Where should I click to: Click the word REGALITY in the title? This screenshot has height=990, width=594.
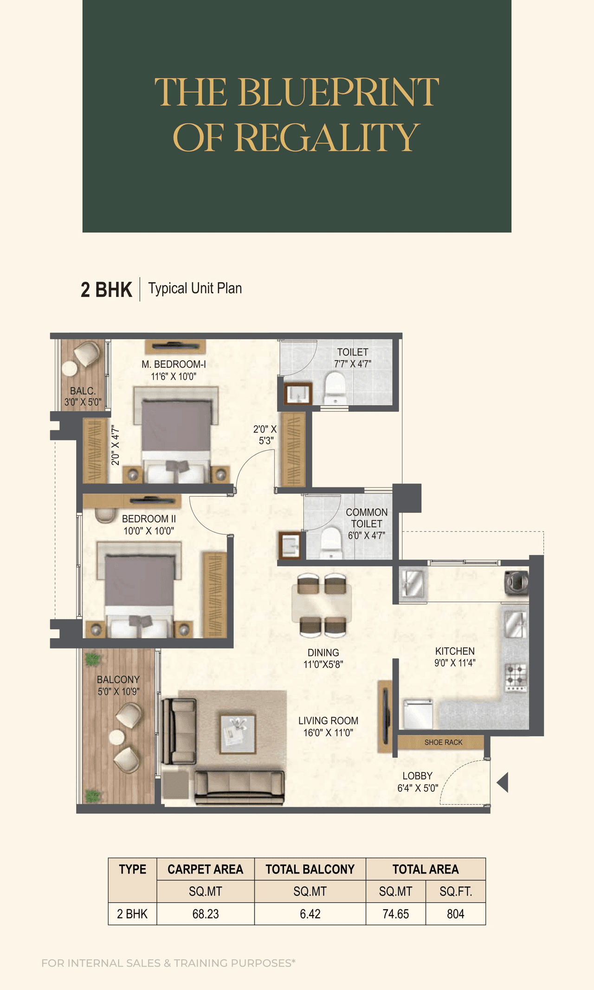pyautogui.click(x=327, y=137)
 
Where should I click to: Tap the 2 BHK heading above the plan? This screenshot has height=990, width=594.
pyautogui.click(x=106, y=289)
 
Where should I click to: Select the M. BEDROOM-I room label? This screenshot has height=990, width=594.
pyautogui.click(x=174, y=370)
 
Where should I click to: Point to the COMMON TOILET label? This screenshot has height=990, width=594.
pyautogui.click(x=367, y=524)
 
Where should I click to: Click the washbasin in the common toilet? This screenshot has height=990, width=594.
pyautogui.click(x=290, y=545)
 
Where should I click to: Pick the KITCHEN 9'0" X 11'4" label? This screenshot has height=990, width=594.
pyautogui.click(x=455, y=656)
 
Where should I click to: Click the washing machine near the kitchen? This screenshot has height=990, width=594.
pyautogui.click(x=517, y=582)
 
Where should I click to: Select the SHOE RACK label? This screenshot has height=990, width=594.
pyautogui.click(x=443, y=742)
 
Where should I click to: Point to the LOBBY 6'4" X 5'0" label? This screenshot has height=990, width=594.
pyautogui.click(x=418, y=782)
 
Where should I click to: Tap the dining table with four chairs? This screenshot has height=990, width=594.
pyautogui.click(x=322, y=603)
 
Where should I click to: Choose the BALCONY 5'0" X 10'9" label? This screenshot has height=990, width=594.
pyautogui.click(x=118, y=685)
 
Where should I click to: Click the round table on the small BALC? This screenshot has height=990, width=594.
pyautogui.click(x=70, y=369)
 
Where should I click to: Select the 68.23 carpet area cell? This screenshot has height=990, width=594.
pyautogui.click(x=206, y=914)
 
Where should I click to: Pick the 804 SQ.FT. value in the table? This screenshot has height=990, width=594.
pyautogui.click(x=455, y=914)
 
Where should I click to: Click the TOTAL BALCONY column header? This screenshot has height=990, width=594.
pyautogui.click(x=310, y=869)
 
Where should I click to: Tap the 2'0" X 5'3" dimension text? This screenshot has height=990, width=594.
pyautogui.click(x=265, y=435)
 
